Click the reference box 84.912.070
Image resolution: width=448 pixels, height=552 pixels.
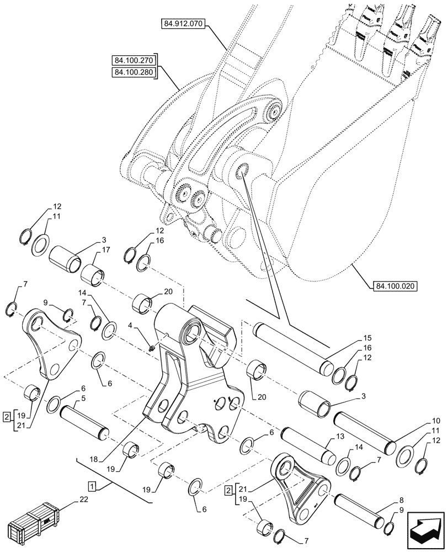[x=183, y=24]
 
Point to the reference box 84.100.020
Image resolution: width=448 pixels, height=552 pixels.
[x=395, y=286]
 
